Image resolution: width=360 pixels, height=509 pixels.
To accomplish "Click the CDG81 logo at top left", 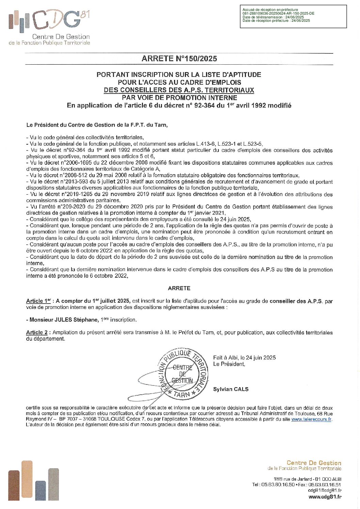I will [x=49, y=27].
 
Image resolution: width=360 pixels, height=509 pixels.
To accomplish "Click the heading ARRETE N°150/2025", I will [x=179, y=59].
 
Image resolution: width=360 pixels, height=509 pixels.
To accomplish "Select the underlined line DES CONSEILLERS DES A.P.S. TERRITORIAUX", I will [x=179, y=90].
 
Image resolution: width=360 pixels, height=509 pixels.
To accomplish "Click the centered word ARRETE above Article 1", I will [x=179, y=288].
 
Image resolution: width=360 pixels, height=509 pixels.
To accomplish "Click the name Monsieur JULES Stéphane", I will [x=63, y=320].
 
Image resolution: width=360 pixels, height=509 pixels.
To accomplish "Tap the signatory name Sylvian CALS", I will [x=231, y=389].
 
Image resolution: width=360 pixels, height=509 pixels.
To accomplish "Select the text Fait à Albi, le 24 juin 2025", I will [x=244, y=358].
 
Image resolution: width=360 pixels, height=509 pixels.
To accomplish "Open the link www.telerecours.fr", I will [x=311, y=420].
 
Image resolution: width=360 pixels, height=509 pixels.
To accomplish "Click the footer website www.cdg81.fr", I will [x=325, y=497].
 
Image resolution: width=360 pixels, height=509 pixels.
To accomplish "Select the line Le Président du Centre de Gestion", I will [x=97, y=125].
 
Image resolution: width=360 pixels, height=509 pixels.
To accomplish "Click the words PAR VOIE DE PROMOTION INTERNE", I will [x=179, y=98].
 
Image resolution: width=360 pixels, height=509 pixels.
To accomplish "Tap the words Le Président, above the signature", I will [x=229, y=364].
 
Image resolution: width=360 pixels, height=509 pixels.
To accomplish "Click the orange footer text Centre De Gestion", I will [x=314, y=463].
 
